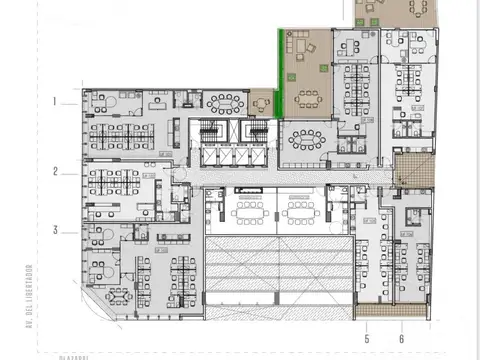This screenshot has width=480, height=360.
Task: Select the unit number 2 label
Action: pos(57,171)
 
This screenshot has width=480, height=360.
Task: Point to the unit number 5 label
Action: pos(367,324)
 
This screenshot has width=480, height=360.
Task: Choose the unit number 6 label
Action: pos(402,324)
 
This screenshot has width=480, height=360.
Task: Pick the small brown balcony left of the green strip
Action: pos(262,102)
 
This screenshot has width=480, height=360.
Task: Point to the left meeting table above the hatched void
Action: pos(245,211)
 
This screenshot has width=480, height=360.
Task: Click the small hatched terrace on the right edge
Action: pos(411,169)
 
